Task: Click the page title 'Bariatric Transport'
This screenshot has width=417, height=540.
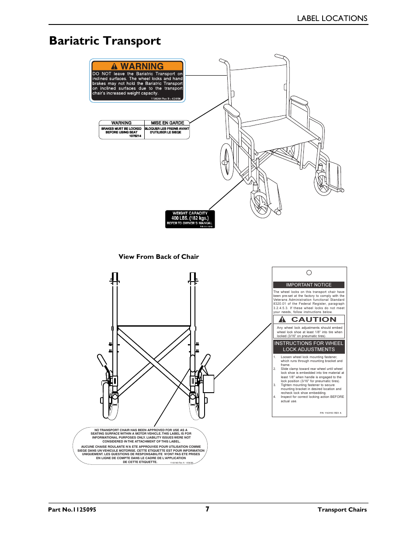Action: click(x=105, y=41)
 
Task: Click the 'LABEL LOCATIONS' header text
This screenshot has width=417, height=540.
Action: click(x=332, y=18)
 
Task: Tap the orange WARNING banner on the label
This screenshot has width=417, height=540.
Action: click(x=137, y=66)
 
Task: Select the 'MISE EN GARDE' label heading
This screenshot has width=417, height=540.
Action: click(x=167, y=123)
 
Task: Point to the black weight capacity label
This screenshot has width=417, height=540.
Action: click(x=190, y=219)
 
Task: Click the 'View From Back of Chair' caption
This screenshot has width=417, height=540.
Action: click(x=158, y=257)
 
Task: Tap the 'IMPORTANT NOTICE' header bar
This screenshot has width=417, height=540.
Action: click(x=309, y=285)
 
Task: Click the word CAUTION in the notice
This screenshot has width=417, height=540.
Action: click(x=313, y=320)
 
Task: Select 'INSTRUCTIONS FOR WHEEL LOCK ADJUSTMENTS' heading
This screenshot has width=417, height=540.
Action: click(x=309, y=346)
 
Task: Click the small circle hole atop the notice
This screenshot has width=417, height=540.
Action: click(x=309, y=272)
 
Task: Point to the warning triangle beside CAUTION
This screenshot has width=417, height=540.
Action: click(x=282, y=320)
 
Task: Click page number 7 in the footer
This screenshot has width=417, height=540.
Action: click(x=208, y=509)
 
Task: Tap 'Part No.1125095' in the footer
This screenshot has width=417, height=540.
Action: click(x=72, y=509)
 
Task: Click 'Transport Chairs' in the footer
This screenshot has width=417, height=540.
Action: click(x=342, y=509)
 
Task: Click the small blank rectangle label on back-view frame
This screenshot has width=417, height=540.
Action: click(x=208, y=383)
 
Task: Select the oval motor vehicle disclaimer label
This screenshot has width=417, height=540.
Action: click(x=140, y=446)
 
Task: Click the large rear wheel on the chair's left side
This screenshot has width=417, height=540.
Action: click(x=227, y=161)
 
